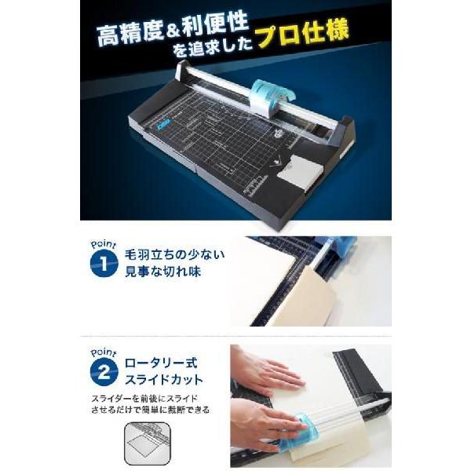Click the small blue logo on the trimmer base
coord(162,123)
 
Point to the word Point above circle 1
coord(101,244)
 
